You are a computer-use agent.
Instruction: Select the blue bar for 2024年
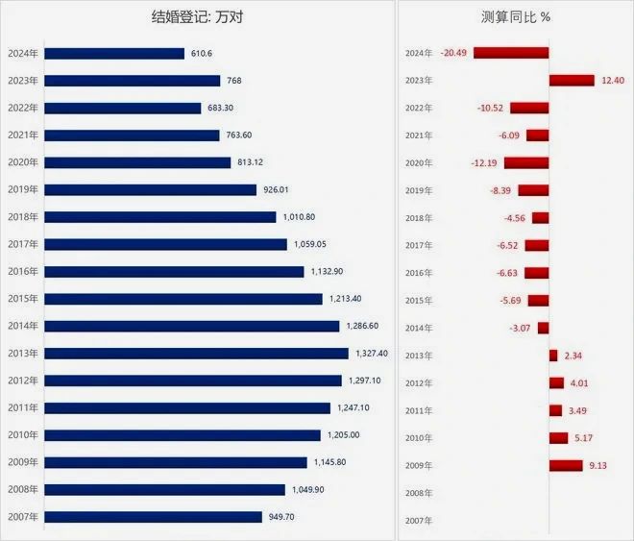(x=114, y=54)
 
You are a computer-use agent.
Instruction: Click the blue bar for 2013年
(x=197, y=354)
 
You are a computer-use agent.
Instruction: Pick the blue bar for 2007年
(x=154, y=517)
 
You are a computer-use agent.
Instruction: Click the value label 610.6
(x=204, y=54)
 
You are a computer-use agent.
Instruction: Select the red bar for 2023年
(x=573, y=81)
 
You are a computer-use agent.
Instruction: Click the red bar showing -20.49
(x=511, y=53)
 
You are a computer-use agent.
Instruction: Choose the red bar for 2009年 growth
(x=566, y=466)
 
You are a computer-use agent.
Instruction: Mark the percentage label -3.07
(x=521, y=329)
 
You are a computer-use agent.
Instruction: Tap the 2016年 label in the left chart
(x=22, y=272)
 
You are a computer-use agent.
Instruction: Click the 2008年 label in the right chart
(x=421, y=493)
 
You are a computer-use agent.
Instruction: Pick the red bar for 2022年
(x=529, y=108)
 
